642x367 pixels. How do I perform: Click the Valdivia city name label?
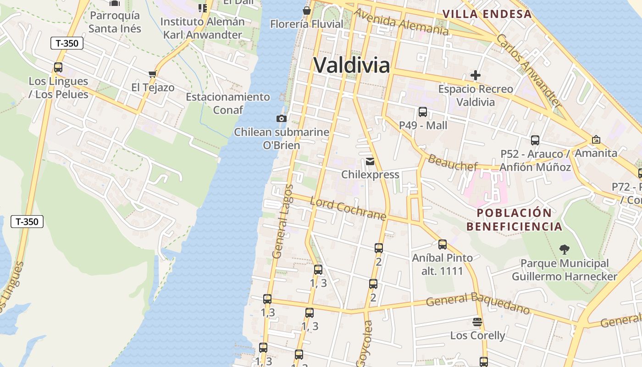tap(352, 65)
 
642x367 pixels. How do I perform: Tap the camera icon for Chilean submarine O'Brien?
tap(282, 118)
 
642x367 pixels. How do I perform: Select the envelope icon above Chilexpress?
tap(370, 161)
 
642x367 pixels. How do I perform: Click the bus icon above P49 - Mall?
tap(423, 111)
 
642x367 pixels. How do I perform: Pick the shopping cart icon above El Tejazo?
tap(152, 74)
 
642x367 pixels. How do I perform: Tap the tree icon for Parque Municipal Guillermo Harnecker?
tap(565, 250)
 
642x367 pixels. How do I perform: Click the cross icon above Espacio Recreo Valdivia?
tap(476, 75)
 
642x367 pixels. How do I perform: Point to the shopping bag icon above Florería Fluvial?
tap(306, 11)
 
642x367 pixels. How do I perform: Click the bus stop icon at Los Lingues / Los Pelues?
tap(58, 67)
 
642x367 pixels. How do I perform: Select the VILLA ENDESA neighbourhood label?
tap(487, 14)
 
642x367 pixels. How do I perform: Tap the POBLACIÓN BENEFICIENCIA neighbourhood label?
tap(514, 220)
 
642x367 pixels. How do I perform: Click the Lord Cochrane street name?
tap(348, 209)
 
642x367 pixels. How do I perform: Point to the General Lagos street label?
tap(282, 221)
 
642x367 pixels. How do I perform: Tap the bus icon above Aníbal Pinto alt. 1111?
tap(443, 245)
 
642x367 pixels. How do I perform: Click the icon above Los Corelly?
tap(477, 322)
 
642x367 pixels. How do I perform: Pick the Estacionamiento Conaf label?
tap(228, 103)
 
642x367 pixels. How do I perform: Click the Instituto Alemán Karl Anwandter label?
tap(203, 28)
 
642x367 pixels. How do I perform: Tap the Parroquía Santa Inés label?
tap(115, 22)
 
